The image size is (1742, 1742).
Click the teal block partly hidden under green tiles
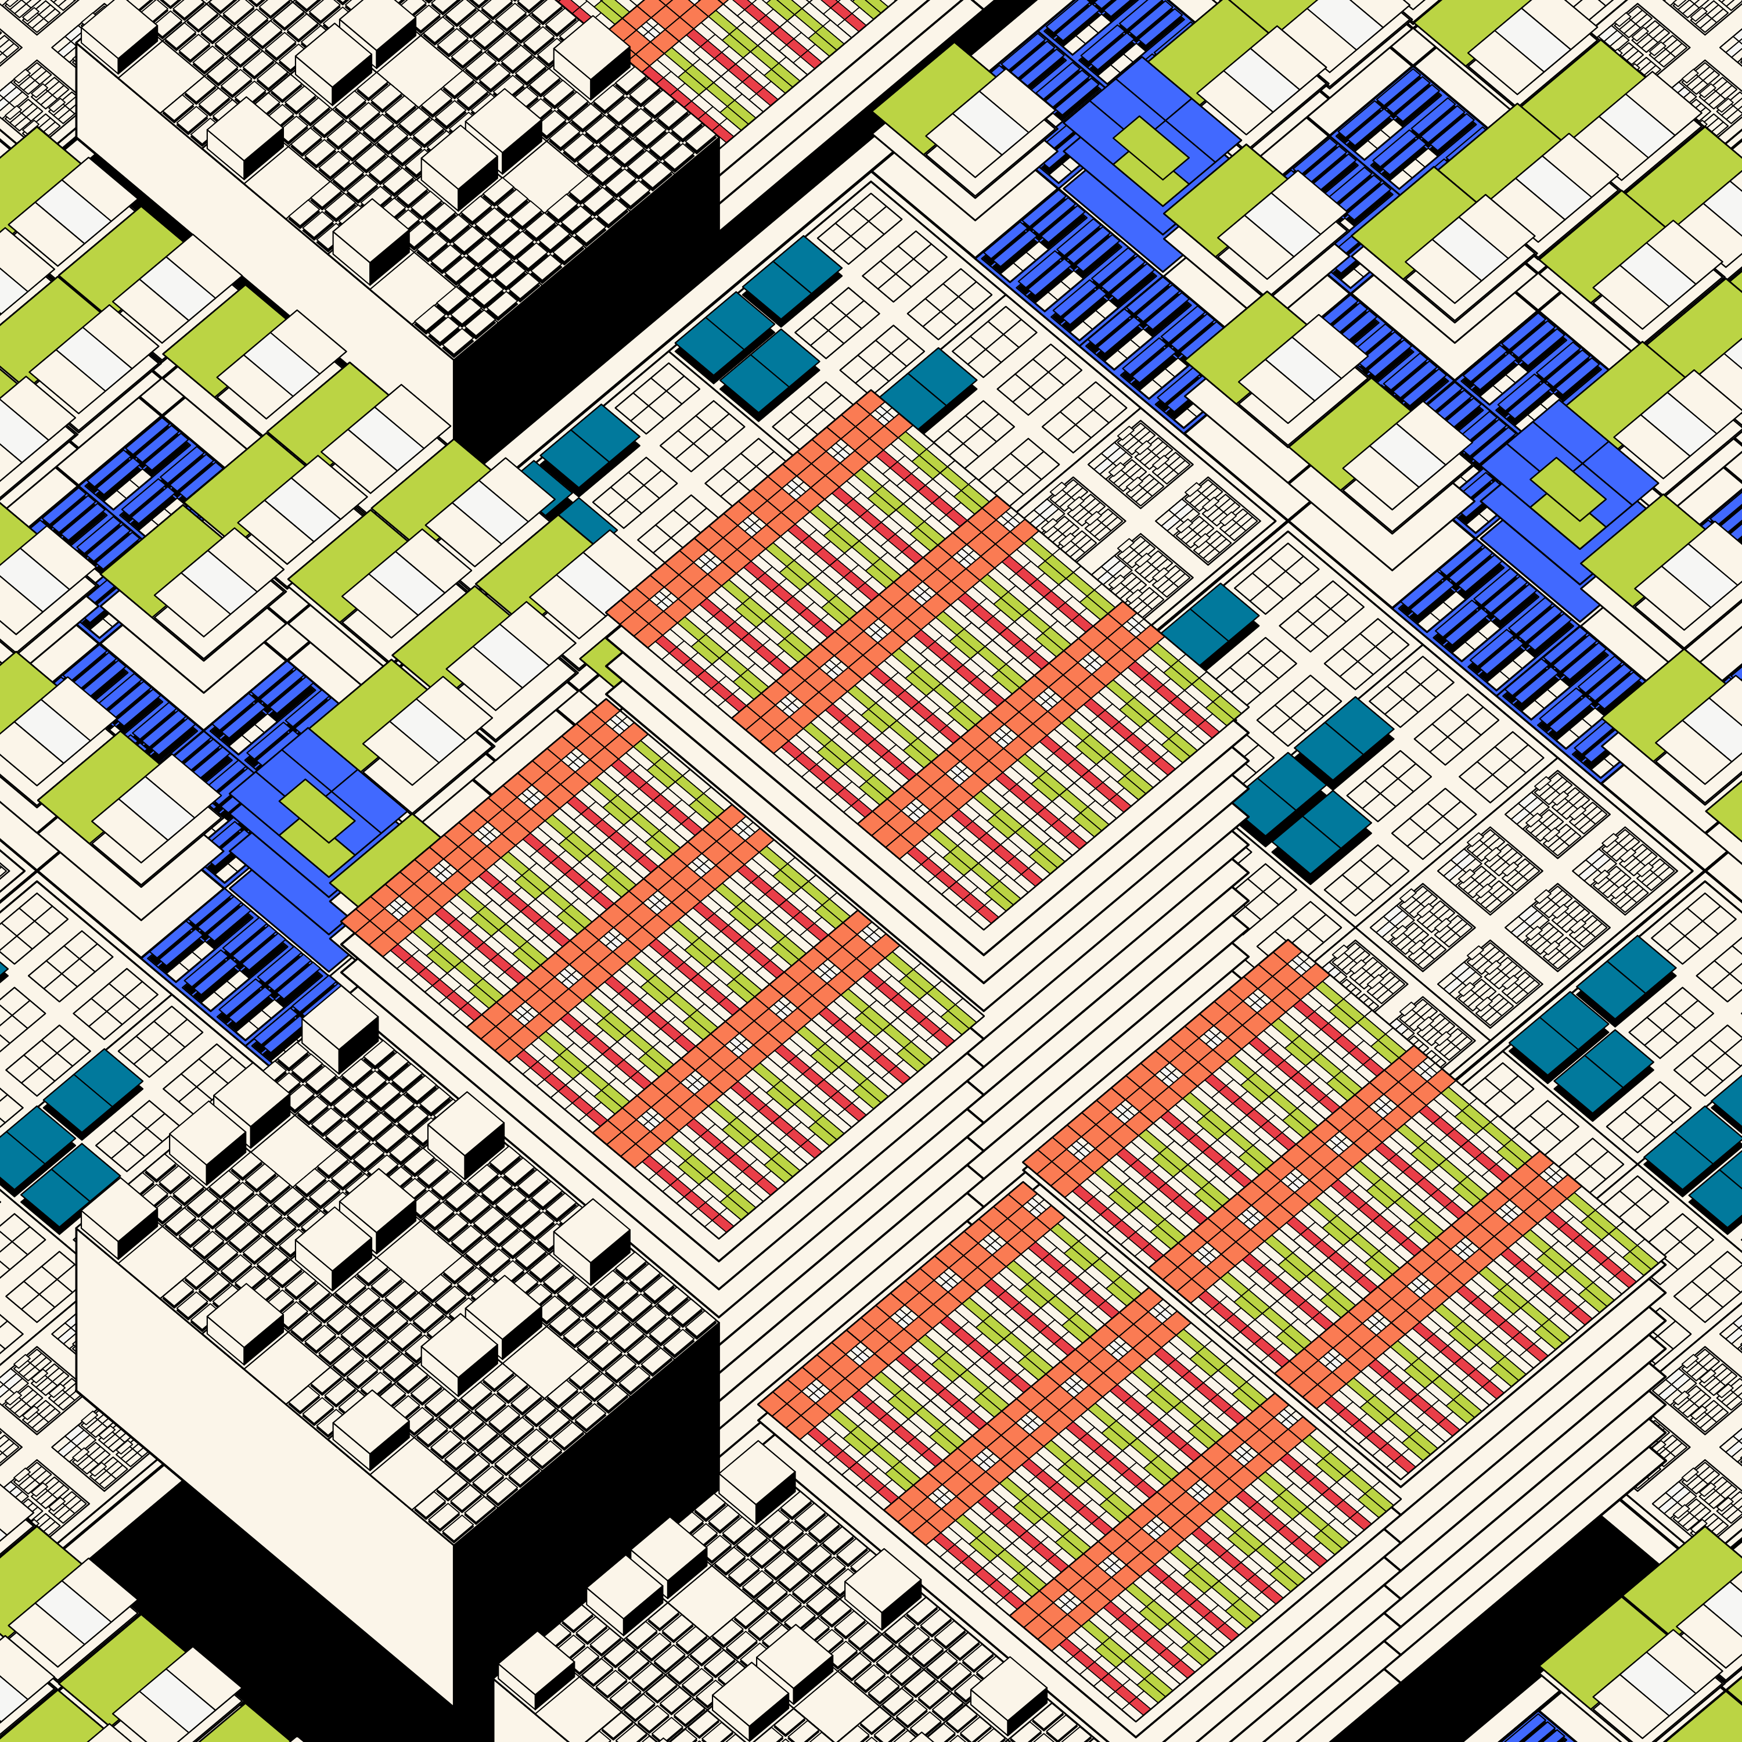[x=582, y=519]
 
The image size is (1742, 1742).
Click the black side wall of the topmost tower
[x=586, y=297]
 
